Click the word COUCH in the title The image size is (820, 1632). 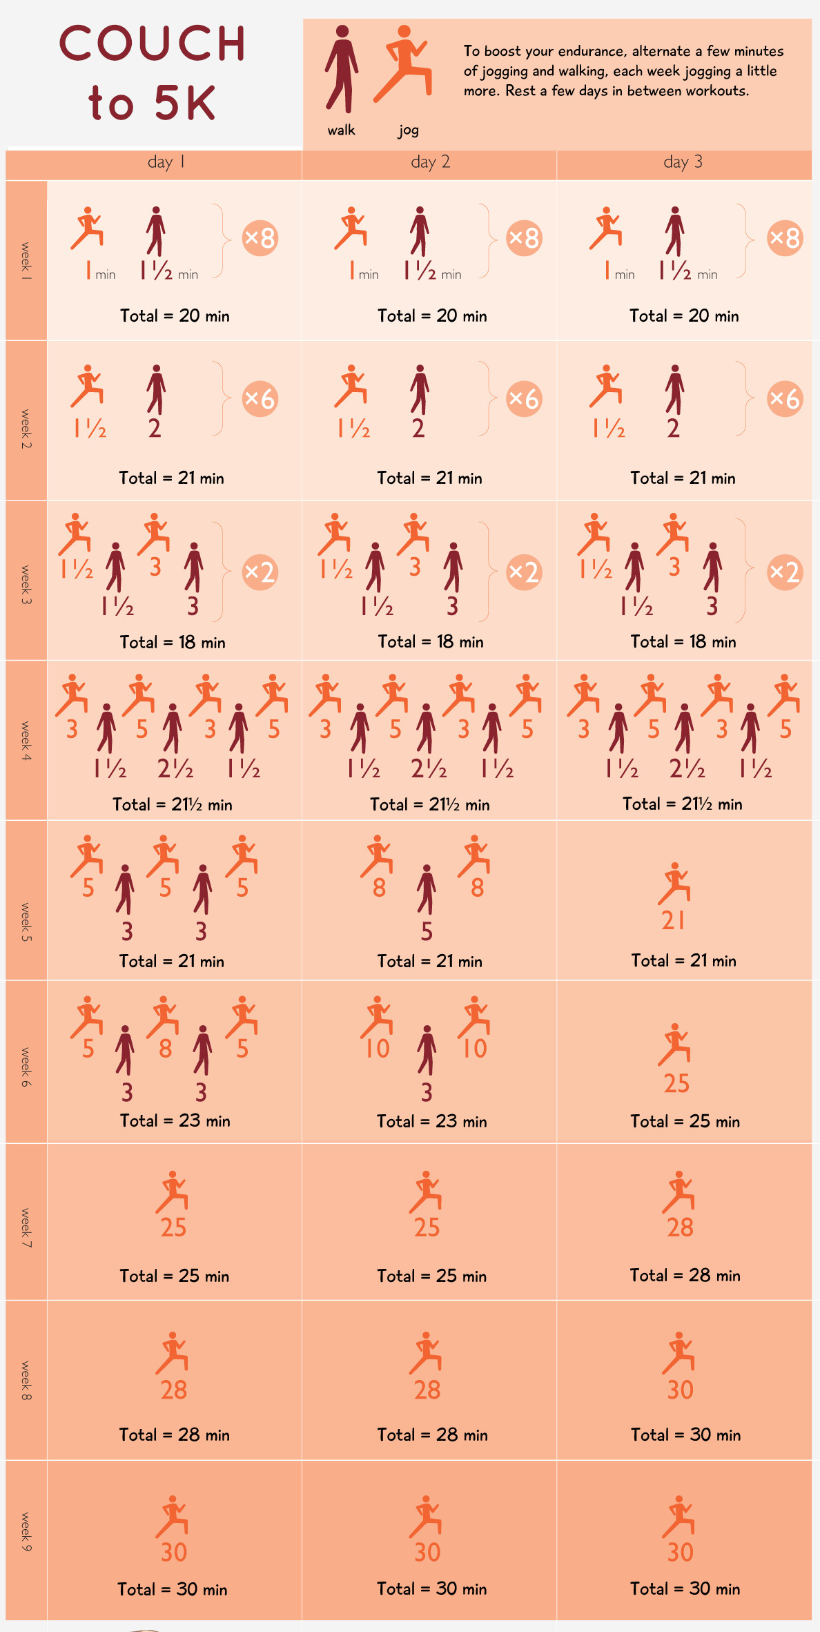point(153,43)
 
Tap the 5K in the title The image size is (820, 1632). point(185,104)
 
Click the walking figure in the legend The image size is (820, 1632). point(342,69)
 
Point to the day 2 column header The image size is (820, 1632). point(430,162)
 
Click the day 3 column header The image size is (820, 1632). point(683,162)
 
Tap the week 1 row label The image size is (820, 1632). point(26,260)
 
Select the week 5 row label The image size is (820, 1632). point(26,922)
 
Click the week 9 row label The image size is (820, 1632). point(26,1532)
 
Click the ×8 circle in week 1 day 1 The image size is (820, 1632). point(260,238)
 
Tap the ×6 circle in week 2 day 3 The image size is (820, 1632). point(785,398)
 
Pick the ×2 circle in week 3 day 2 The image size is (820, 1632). point(524,572)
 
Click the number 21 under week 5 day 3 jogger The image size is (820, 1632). point(674,920)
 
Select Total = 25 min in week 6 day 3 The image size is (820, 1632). point(685,1121)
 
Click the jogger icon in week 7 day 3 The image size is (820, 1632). point(679,1192)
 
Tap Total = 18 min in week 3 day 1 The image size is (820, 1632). point(173,642)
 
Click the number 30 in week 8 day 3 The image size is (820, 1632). point(680,1390)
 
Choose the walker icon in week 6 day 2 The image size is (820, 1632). point(427,1049)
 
